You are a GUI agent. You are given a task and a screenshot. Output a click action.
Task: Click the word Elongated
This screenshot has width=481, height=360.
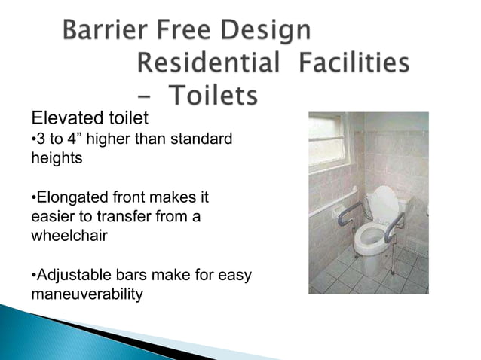(x=75, y=198)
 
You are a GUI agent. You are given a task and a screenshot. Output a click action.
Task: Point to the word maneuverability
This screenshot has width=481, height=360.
(x=87, y=294)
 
